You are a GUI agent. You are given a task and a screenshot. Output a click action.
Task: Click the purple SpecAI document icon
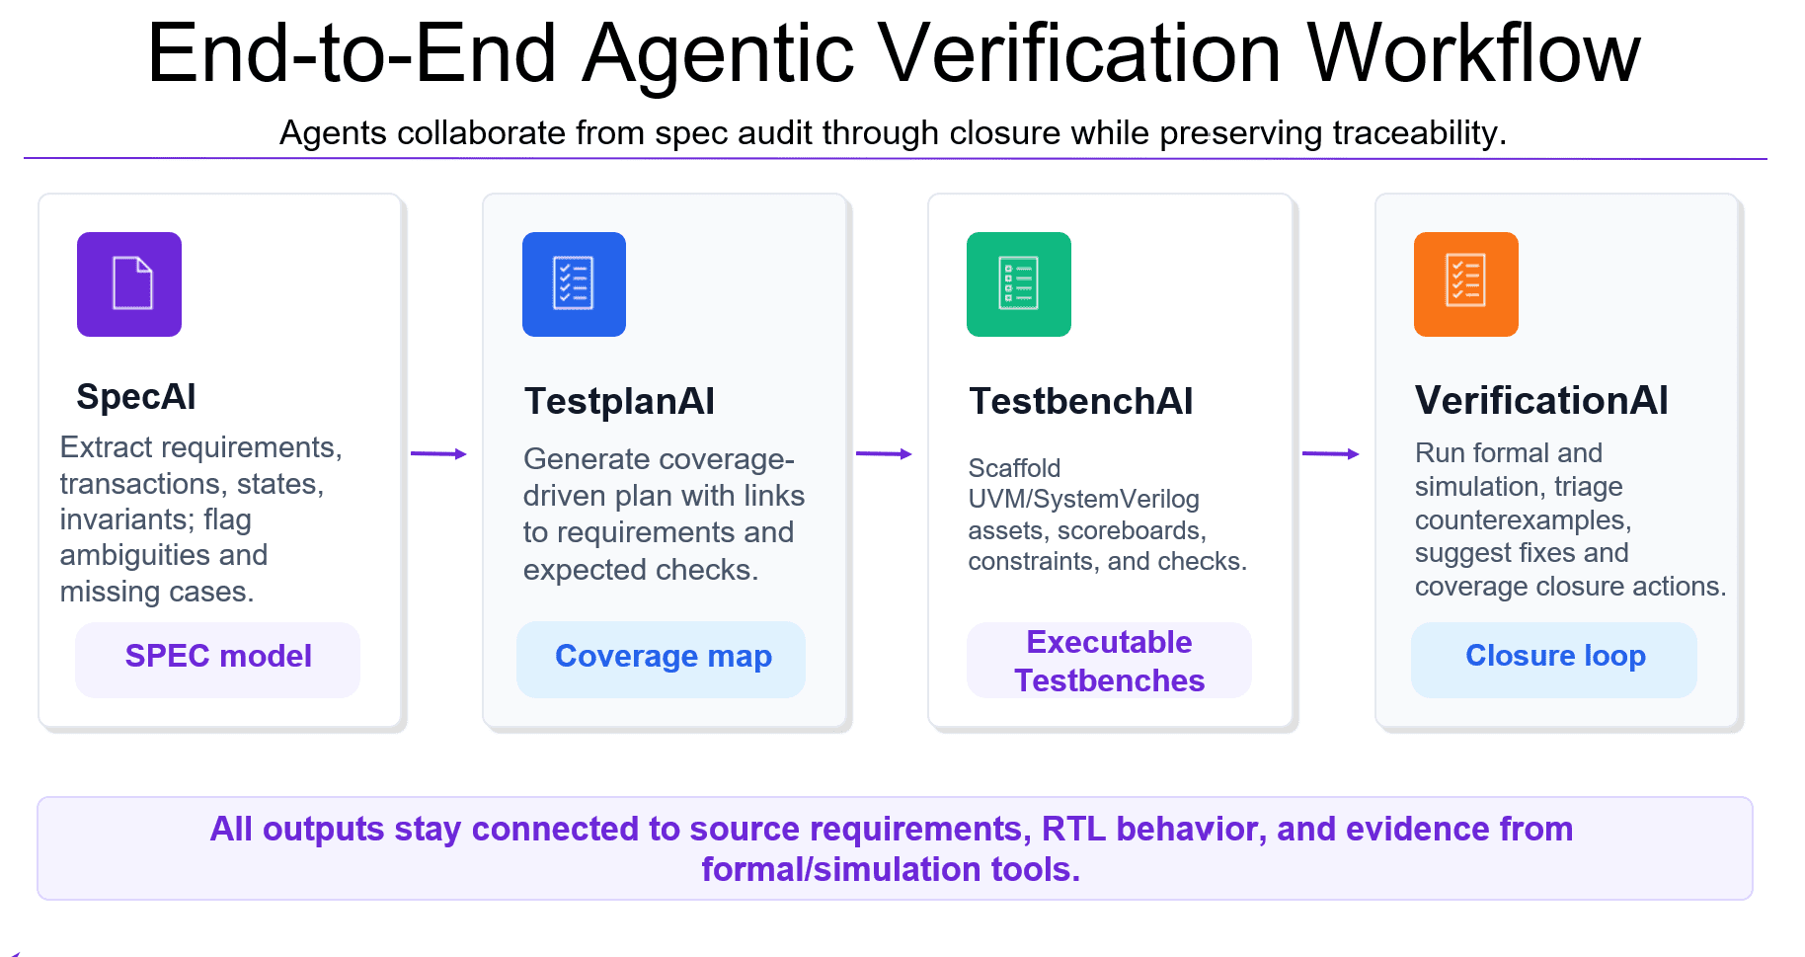[129, 284]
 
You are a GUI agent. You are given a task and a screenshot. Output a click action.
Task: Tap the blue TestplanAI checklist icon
[574, 284]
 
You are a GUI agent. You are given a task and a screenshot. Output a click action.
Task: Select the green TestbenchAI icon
[1019, 284]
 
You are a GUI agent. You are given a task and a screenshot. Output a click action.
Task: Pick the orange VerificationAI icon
[1466, 284]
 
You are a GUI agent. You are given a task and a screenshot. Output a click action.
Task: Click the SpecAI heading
[136, 397]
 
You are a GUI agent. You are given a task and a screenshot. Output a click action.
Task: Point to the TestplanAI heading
[619, 401]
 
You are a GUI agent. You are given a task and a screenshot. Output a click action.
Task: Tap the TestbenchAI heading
[1081, 401]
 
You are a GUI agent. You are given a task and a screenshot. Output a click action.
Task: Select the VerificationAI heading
[1541, 401]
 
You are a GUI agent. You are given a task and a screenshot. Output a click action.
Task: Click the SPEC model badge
[218, 659]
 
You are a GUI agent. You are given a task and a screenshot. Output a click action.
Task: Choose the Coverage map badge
[662, 659]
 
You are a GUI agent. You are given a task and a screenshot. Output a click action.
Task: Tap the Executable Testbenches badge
[1109, 660]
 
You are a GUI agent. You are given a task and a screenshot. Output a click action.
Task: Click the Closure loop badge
[1554, 659]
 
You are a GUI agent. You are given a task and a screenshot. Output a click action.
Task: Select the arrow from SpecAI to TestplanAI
[438, 454]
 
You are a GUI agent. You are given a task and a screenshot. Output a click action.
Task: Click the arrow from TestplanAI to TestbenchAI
[884, 454]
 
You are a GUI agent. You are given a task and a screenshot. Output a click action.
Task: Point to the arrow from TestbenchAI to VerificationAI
[1331, 454]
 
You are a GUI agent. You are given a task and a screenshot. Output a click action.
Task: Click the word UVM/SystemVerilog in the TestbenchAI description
[1083, 500]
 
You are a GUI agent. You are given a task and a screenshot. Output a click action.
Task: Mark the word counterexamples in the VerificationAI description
[1523, 520]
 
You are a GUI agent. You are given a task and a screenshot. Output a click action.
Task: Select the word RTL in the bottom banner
[1073, 829]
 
